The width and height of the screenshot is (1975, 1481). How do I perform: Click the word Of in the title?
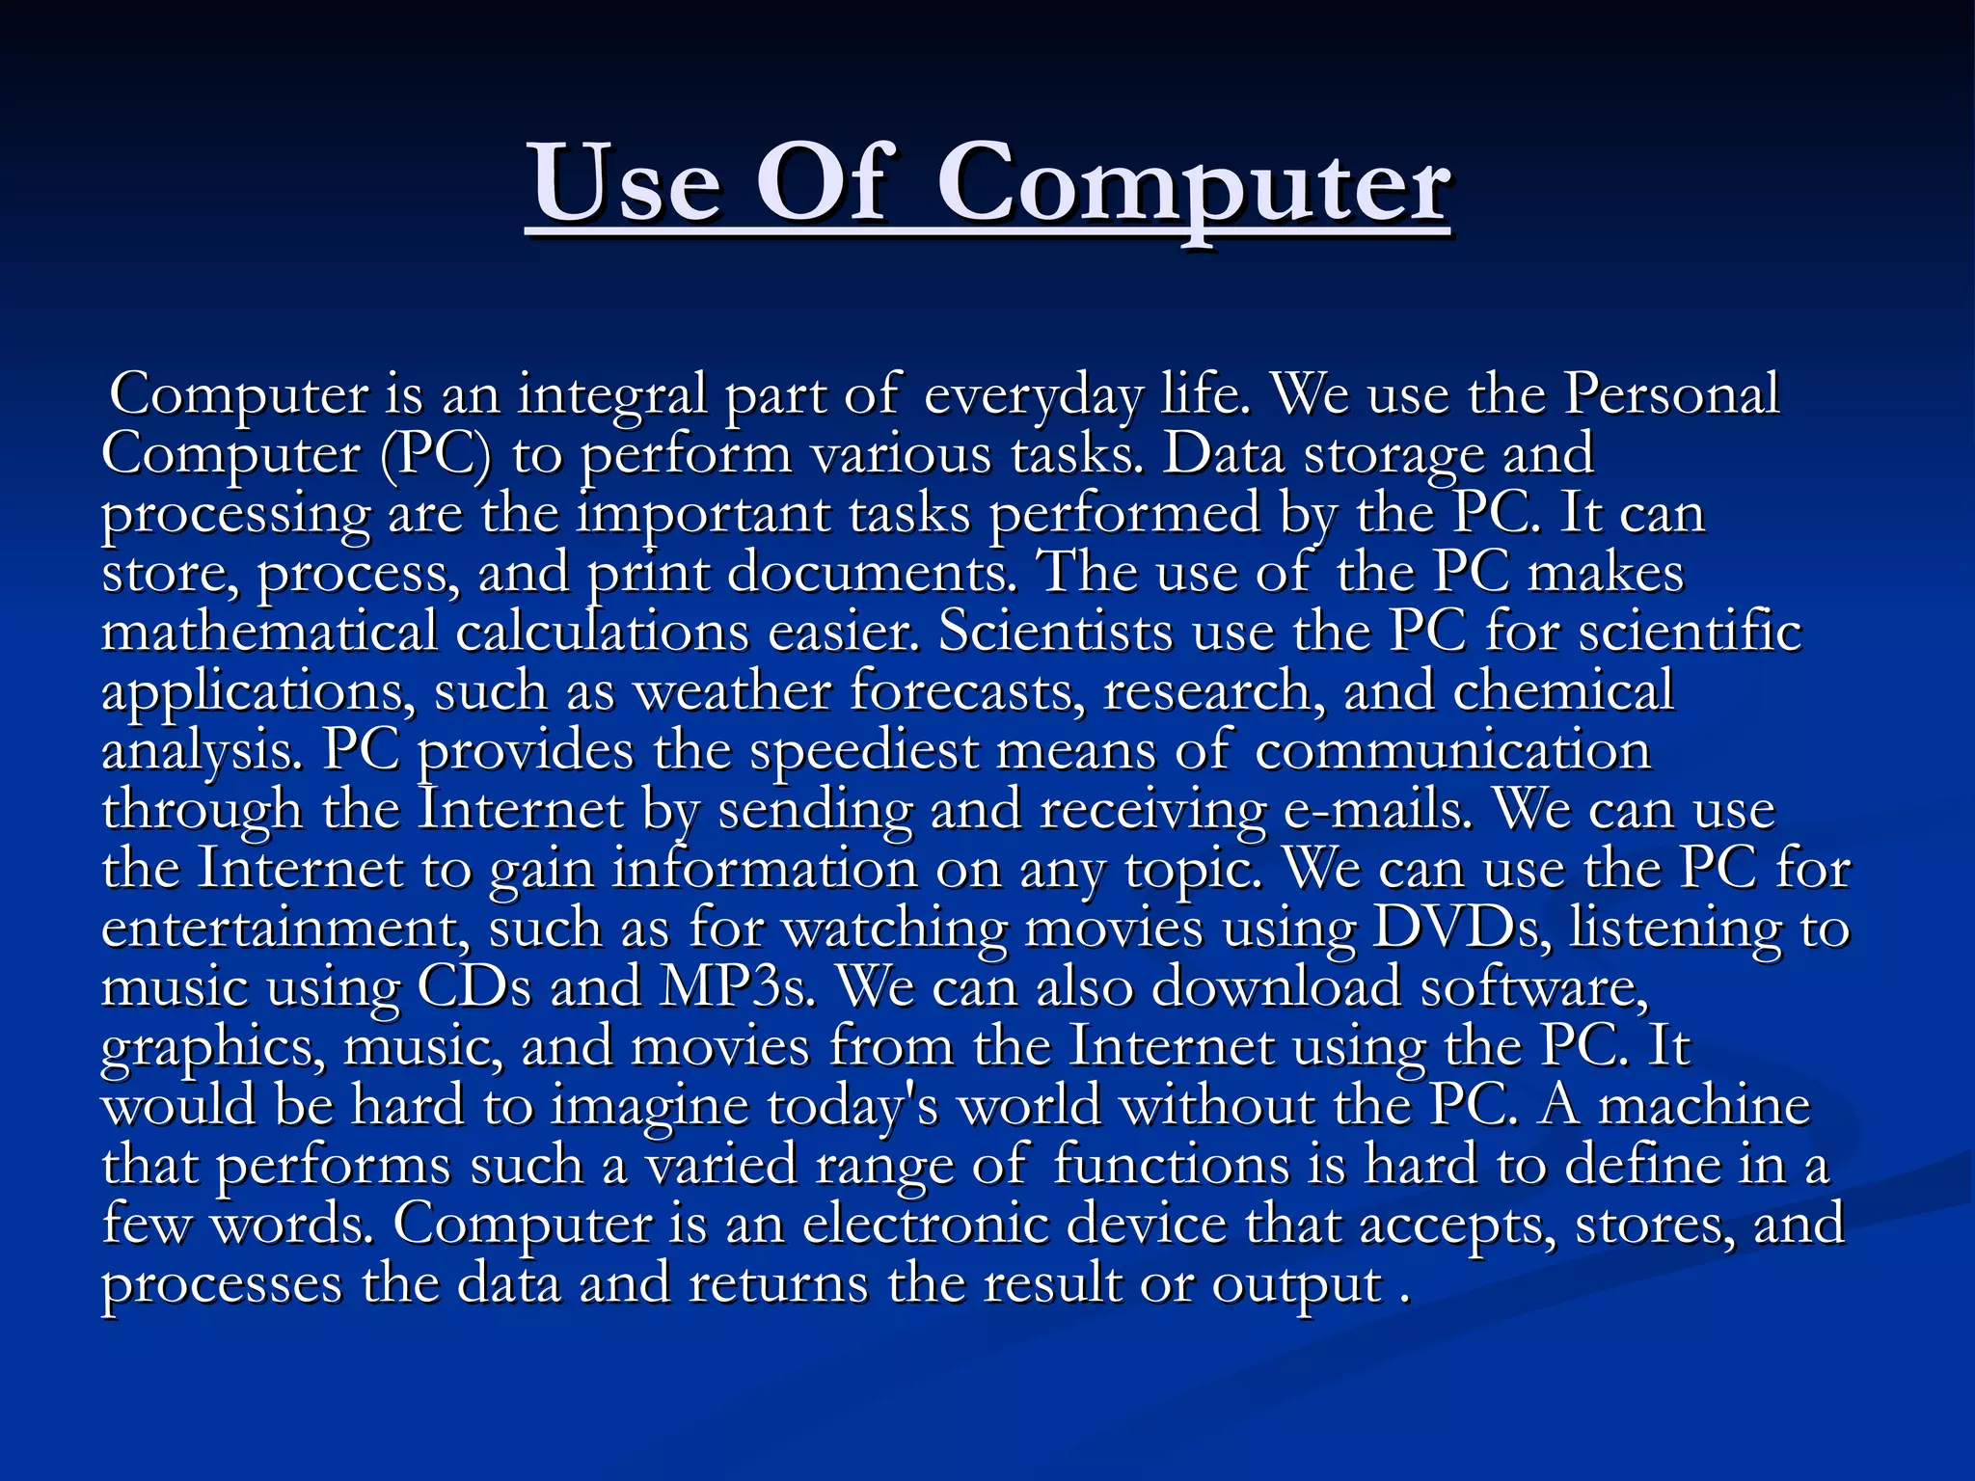[x=821, y=183]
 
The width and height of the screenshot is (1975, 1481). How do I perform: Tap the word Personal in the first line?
[x=1670, y=394]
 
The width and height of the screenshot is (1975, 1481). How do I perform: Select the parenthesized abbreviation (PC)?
[x=436, y=454]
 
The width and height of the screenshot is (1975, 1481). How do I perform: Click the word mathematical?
[x=269, y=633]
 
